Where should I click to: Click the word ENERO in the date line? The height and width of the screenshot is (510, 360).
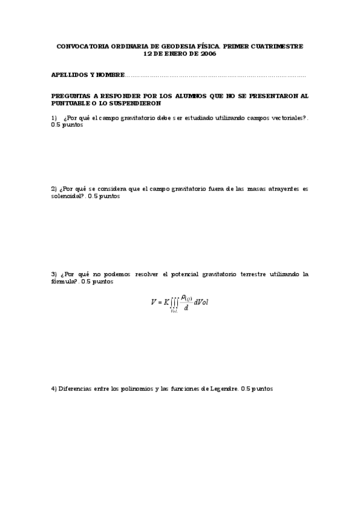tap(171, 53)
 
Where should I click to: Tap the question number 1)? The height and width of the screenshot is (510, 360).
tap(54, 118)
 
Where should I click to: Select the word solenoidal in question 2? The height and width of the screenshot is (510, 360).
tap(66, 196)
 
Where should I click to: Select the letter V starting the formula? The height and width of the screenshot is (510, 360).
tap(153, 302)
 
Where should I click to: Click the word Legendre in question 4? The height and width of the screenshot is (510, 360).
tap(222, 389)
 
